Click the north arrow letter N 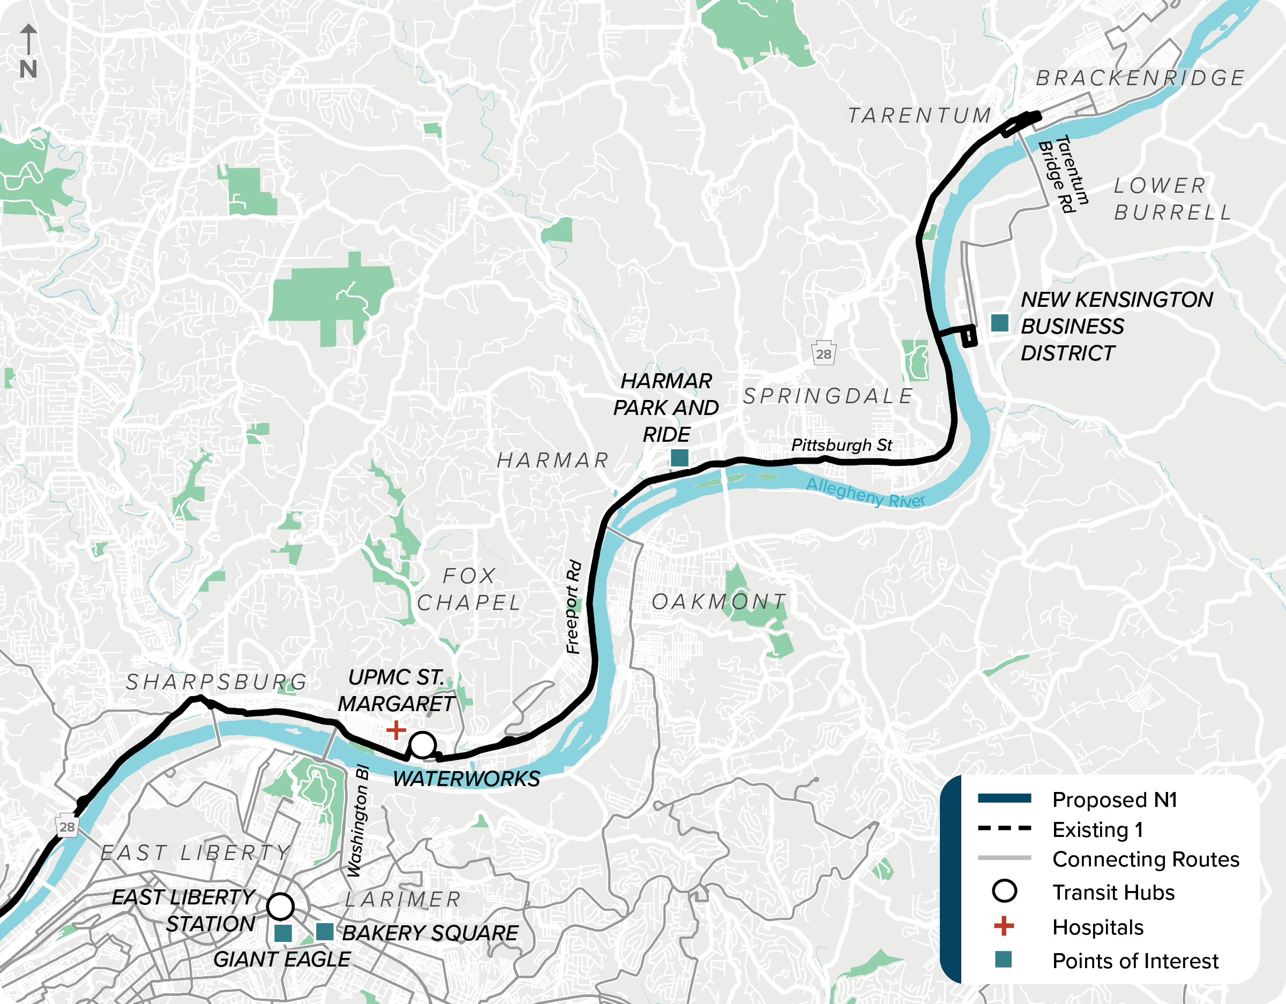pos(28,70)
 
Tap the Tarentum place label pos(919,115)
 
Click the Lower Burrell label pos(1172,199)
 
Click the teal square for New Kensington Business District pos(999,322)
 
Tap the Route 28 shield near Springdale pos(823,354)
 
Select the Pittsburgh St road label pos(841,445)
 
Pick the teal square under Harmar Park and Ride pos(679,457)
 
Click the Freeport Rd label pos(573,607)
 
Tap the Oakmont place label pos(719,601)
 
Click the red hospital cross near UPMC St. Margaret pos(395,730)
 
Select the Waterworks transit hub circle pos(422,744)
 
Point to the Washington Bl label pos(357,820)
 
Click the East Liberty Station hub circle pos(280,905)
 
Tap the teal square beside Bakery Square pos(324,932)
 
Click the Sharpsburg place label pos(216,682)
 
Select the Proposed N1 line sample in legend pos(1004,798)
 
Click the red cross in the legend pos(1004,926)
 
